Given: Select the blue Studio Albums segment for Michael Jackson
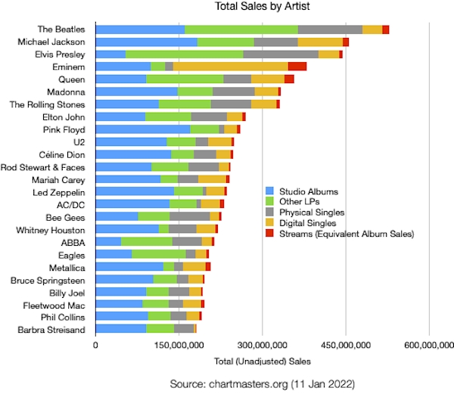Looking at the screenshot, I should (x=147, y=42).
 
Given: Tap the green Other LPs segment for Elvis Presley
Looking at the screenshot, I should (x=184, y=54).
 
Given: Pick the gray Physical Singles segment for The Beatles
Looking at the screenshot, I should (x=330, y=29).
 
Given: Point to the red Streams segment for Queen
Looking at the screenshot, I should (x=289, y=79).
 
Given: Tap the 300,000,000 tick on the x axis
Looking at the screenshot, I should (x=262, y=346).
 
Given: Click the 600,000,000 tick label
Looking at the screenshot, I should (x=429, y=346).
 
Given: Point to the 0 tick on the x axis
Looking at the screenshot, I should (x=96, y=346).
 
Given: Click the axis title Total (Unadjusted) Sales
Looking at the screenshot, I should (x=262, y=360).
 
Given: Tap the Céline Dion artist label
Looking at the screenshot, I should (x=62, y=154).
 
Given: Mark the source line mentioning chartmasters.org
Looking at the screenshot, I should (x=262, y=383).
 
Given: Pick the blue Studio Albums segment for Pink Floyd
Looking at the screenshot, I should (x=143, y=129).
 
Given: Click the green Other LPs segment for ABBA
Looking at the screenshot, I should (x=147, y=242).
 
